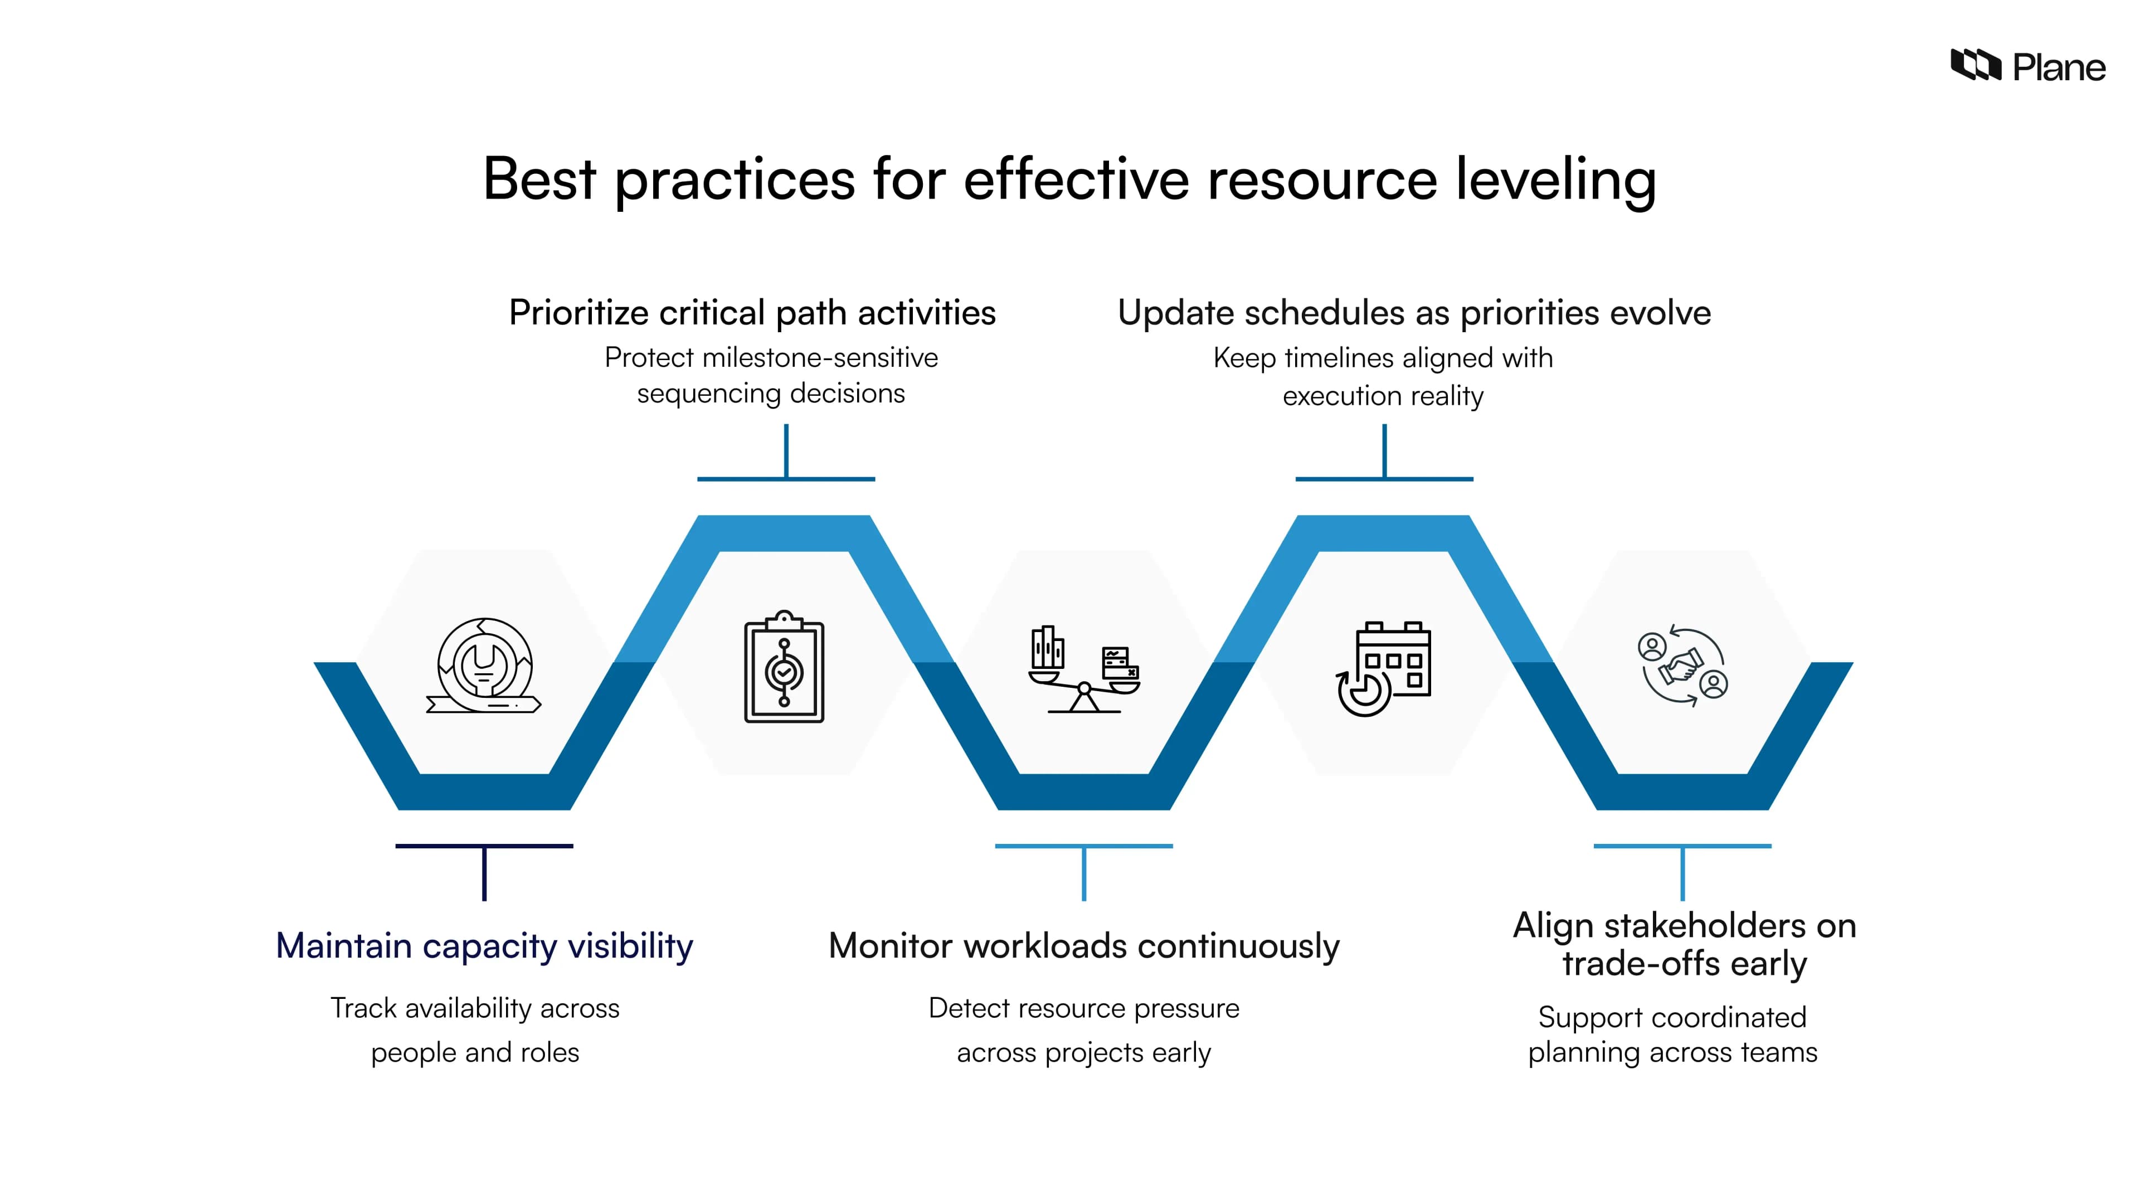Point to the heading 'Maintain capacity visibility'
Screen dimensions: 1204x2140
point(484,945)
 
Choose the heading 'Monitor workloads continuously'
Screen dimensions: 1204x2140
point(1084,945)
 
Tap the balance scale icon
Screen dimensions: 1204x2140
point(1084,669)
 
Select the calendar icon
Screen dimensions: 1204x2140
point(1384,668)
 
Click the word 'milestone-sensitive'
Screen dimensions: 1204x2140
point(820,358)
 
